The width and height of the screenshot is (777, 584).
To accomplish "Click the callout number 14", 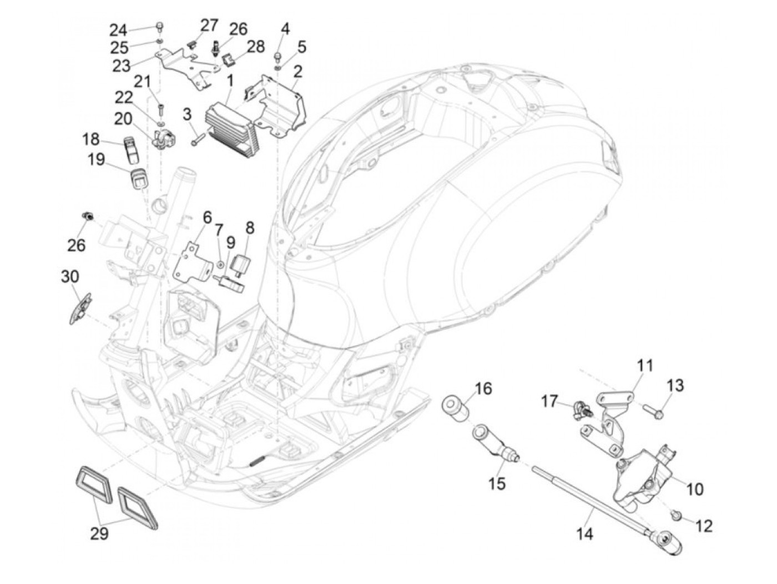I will coord(584,534).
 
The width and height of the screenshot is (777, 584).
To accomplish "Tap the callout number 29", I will coord(99,534).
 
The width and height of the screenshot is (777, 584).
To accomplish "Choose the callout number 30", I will coord(70,276).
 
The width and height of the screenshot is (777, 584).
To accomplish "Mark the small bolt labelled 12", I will coord(677,516).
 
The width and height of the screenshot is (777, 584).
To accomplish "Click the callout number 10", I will coord(694,489).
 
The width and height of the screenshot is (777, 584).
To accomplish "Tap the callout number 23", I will coord(121,66).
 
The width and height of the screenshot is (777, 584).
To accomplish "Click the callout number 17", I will coord(549,401).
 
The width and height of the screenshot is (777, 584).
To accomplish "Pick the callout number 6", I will coord(207,217).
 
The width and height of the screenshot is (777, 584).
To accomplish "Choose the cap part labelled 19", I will coord(136,180).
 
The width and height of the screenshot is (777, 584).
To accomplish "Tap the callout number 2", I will coord(298,71).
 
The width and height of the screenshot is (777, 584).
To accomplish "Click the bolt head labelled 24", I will coord(160,26).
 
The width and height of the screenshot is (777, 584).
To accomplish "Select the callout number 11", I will coord(645,366).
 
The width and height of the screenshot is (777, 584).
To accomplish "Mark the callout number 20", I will coord(123,118).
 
